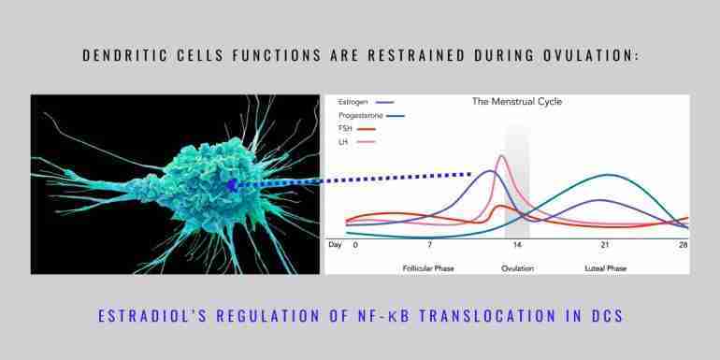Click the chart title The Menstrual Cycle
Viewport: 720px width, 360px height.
pyautogui.click(x=516, y=102)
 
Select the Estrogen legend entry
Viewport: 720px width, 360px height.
pyautogui.click(x=366, y=102)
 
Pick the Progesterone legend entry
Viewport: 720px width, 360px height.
pyautogui.click(x=371, y=116)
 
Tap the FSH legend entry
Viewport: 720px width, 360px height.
pyautogui.click(x=356, y=129)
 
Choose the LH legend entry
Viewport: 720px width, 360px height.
pyautogui.click(x=356, y=142)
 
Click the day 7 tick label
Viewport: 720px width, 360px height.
pyautogui.click(x=430, y=245)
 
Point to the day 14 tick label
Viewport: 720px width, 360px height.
pyautogui.click(x=517, y=245)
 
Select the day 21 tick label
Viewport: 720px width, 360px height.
pyautogui.click(x=605, y=245)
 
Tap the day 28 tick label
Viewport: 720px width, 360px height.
pyautogui.click(x=684, y=245)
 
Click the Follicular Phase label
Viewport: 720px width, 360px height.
pyautogui.click(x=428, y=268)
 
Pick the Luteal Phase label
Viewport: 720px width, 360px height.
pyautogui.click(x=606, y=268)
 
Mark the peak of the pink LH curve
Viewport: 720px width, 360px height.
pyautogui.click(x=501, y=155)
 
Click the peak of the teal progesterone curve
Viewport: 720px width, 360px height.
pyautogui.click(x=607, y=175)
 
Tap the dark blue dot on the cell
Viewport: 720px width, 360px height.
pyautogui.click(x=232, y=184)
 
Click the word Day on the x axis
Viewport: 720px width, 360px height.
pyautogui.click(x=335, y=245)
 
